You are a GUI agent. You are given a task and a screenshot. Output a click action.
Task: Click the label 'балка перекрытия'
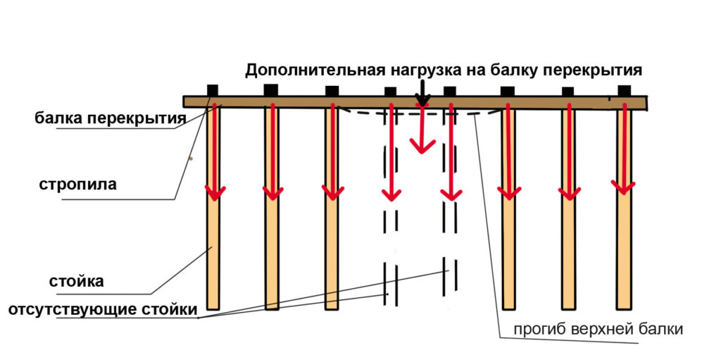click(111, 118)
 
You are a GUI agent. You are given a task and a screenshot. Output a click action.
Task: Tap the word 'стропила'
click(77, 185)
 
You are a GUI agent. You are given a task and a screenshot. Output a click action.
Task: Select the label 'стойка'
click(77, 281)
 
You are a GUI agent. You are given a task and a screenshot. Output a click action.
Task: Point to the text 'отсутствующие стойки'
click(103, 309)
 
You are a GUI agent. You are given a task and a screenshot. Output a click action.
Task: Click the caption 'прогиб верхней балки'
click(598, 330)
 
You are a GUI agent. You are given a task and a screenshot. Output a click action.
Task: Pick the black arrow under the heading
click(422, 92)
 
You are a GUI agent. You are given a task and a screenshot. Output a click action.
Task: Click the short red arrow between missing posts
click(422, 129)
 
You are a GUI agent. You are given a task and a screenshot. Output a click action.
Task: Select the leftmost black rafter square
click(213, 89)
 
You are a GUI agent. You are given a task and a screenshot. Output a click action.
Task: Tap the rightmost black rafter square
click(624, 91)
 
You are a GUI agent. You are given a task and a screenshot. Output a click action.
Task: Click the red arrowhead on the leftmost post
click(215, 193)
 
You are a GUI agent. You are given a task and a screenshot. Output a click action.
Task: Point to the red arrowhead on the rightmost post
click(623, 187)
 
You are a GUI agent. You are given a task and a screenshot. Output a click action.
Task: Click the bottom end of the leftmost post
click(213, 309)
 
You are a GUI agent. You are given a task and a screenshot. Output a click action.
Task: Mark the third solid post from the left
click(332, 208)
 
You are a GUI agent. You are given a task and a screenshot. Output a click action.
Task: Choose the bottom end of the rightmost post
click(624, 308)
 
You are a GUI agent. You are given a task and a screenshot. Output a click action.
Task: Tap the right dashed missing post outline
click(450, 203)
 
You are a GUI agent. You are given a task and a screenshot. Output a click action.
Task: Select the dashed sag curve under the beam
click(418, 113)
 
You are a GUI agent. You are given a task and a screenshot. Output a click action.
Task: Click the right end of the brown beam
click(648, 104)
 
